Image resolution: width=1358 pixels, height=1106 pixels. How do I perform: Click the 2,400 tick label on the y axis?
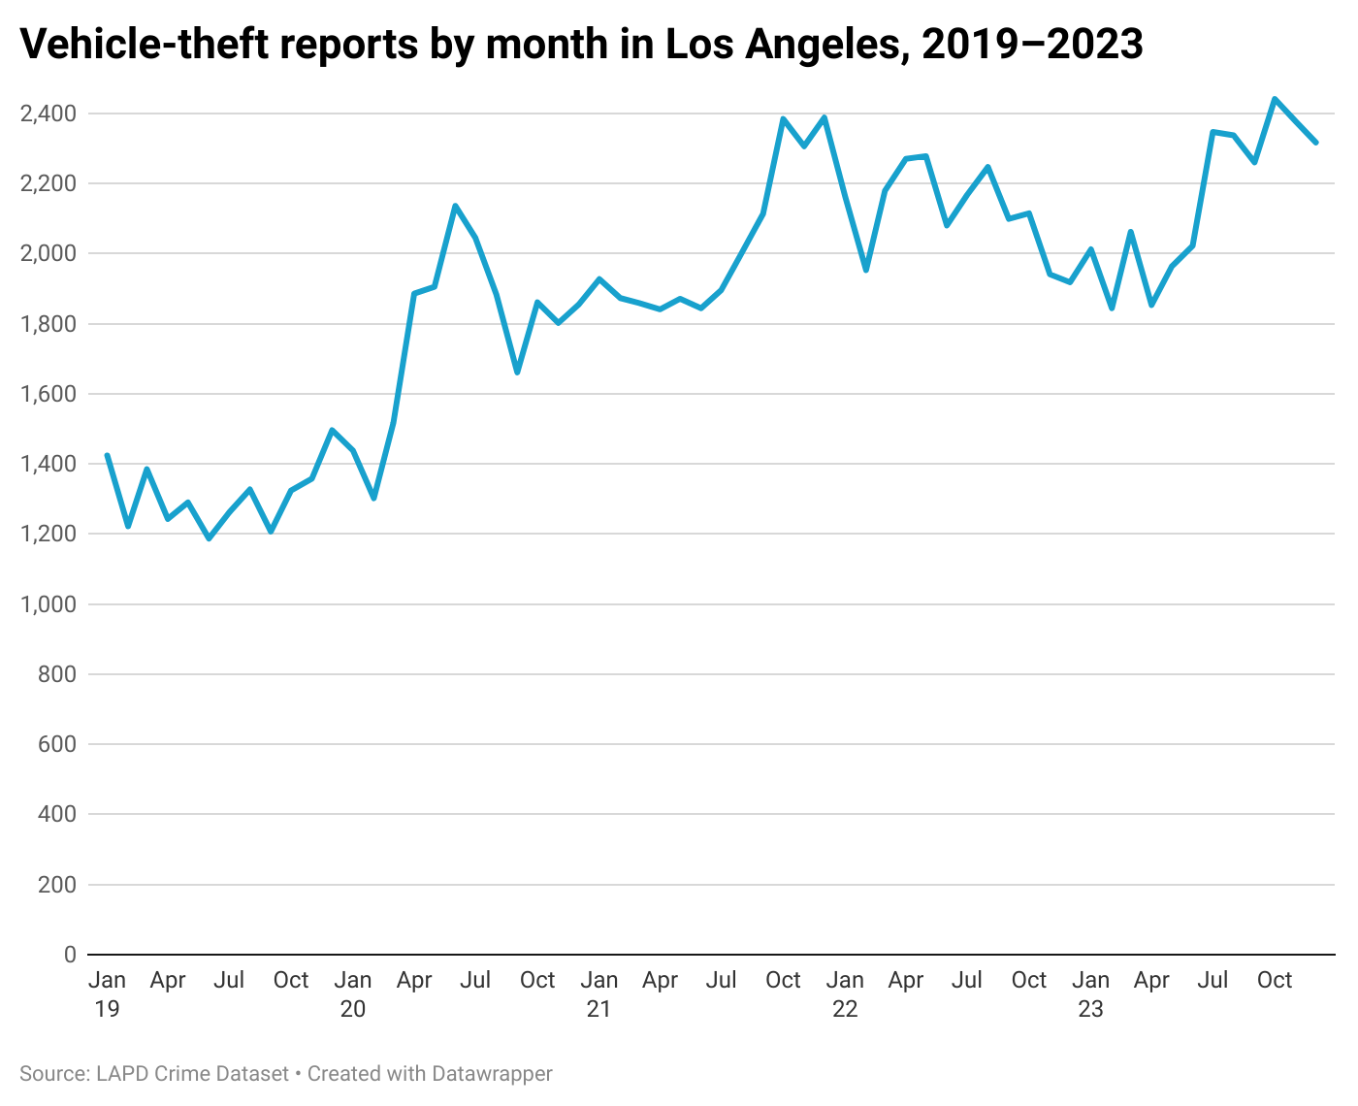click(48, 114)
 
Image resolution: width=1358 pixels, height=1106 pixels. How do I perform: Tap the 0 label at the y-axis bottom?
click(70, 955)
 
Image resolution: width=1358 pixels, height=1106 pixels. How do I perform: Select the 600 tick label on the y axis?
click(57, 744)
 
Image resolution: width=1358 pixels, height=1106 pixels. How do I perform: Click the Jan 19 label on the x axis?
click(107, 993)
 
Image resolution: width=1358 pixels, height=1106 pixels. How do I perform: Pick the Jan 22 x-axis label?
click(845, 993)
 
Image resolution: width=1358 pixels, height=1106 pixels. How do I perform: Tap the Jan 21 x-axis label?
click(598, 993)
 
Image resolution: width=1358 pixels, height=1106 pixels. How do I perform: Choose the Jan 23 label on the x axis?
click(1090, 993)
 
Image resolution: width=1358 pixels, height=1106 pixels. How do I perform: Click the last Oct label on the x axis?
click(1274, 980)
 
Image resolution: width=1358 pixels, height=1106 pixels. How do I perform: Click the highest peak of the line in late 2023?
click(1275, 99)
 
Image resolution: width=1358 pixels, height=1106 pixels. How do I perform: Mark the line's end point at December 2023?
click(1315, 143)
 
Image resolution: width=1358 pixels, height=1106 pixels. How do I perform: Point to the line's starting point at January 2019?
click(107, 455)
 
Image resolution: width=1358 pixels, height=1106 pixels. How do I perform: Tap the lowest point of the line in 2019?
click(209, 537)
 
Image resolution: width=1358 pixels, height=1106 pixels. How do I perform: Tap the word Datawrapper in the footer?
click(492, 1074)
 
